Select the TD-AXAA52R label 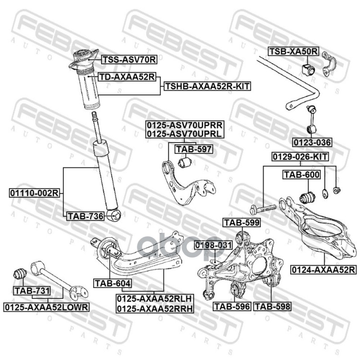[127, 77]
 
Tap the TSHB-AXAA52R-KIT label [207, 85]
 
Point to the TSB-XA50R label [293, 52]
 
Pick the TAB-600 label [301, 175]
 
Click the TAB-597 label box [193, 148]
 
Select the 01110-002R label [34, 193]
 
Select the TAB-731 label [31, 291]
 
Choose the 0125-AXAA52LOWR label [47, 306]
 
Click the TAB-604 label [112, 283]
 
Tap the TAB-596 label [231, 306]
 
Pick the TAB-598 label [272, 306]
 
